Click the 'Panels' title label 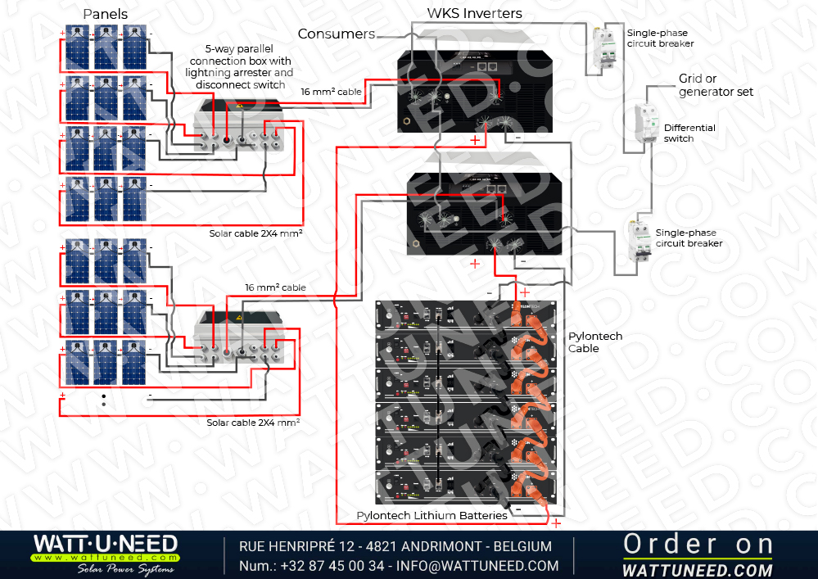(106, 15)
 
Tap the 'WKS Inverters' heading (474, 13)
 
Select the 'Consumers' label (336, 34)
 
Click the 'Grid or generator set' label (716, 85)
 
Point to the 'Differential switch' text (689, 133)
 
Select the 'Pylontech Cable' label (594, 342)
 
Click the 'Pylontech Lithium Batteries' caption (432, 515)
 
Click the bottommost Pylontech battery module (465, 487)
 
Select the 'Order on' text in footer (698, 544)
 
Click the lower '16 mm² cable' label (275, 287)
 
